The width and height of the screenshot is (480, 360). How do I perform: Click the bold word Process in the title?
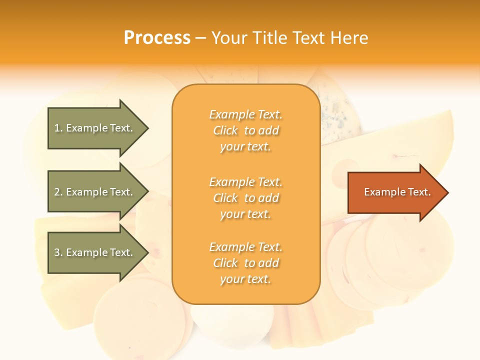157,37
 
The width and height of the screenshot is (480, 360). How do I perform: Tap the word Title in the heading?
270,37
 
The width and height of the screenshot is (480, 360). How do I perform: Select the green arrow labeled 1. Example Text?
95,128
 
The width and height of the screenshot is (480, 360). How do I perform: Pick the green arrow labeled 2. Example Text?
95,192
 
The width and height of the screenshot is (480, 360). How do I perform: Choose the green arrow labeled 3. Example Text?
95,252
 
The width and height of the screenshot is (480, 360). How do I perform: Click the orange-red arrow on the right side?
395,192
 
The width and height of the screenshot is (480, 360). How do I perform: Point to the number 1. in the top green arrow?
58,128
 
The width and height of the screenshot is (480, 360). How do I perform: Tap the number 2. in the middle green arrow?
58,192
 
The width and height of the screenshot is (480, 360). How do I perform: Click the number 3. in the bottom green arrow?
58,252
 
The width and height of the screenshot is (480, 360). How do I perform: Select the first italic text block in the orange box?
245,130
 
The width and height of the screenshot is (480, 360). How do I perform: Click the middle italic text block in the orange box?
245,198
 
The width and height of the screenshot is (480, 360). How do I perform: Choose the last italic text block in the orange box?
245,263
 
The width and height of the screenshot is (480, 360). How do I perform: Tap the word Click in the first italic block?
225,130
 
